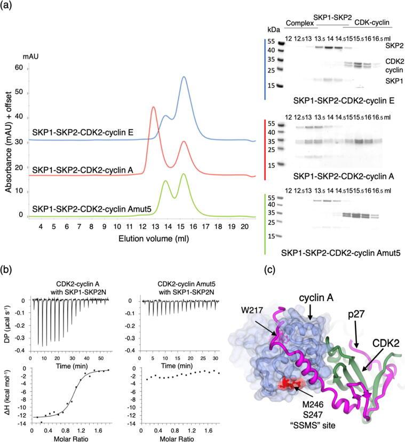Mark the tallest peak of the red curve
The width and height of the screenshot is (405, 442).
154,107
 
